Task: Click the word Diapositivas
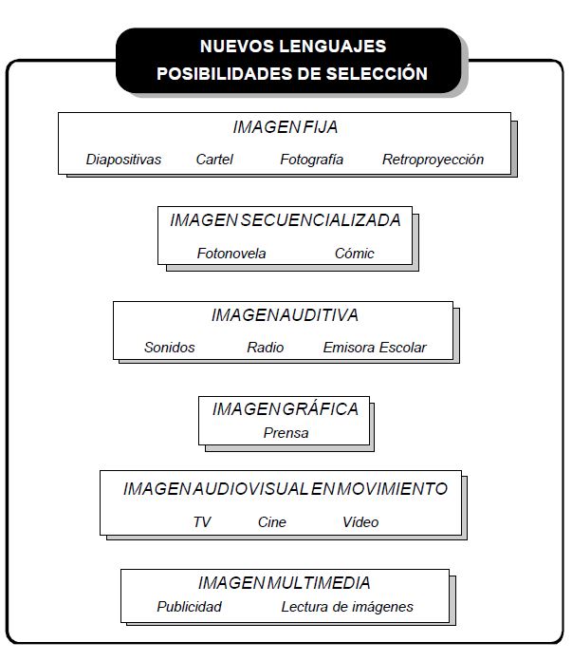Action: click(123, 160)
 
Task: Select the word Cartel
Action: click(214, 160)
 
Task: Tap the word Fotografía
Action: click(312, 160)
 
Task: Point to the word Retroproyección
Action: click(433, 160)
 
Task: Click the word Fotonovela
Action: click(231, 254)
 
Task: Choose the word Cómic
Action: click(354, 254)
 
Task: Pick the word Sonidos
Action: click(170, 348)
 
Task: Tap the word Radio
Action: click(266, 348)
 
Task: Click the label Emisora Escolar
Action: click(375, 348)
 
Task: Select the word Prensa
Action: click(286, 433)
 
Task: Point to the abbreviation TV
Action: click(202, 522)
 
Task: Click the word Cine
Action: click(272, 522)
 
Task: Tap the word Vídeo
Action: click(360, 522)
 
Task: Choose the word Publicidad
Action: click(189, 607)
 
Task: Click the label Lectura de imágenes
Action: click(347, 607)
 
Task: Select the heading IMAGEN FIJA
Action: click(286, 127)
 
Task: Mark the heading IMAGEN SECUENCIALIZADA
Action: click(286, 220)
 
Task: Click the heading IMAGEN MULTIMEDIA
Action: click(285, 583)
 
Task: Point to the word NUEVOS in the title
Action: click(237, 47)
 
